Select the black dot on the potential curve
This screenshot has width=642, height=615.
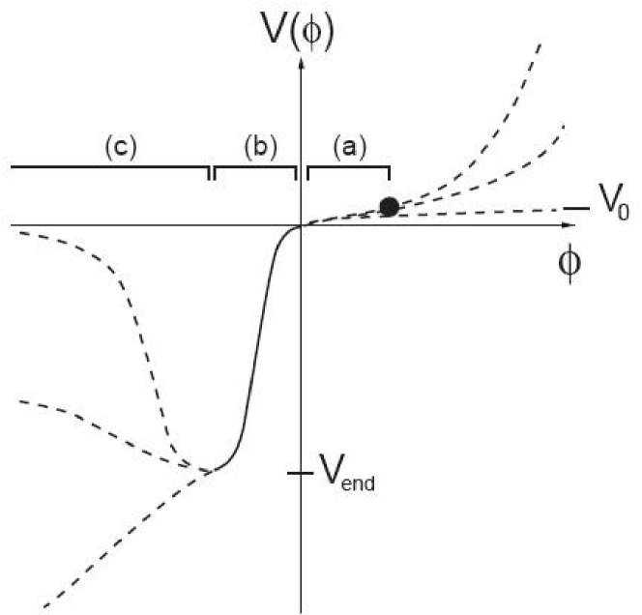tap(389, 206)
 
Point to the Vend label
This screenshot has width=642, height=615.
tap(345, 475)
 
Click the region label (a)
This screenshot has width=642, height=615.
tap(348, 147)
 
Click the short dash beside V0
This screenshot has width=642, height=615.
tap(576, 208)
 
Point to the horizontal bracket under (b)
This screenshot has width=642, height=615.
tap(255, 167)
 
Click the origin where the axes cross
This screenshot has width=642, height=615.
tap(303, 225)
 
